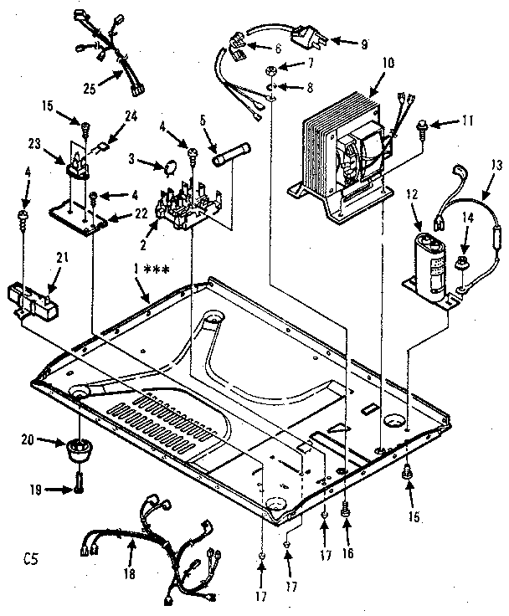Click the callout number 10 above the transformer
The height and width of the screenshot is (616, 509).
pos(365,62)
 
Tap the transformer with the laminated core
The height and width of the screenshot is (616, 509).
pos(339,155)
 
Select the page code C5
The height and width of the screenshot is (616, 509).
pos(34,554)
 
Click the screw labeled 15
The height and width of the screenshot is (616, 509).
pos(85,128)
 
